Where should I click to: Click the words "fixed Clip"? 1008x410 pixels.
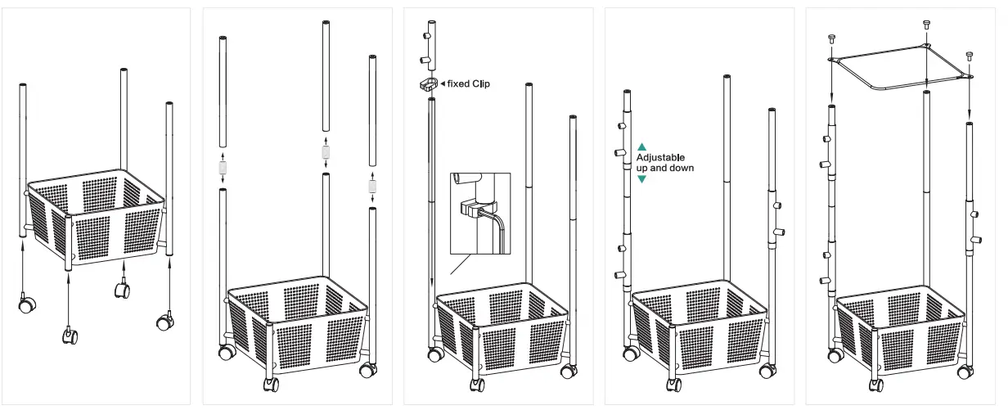tap(469, 83)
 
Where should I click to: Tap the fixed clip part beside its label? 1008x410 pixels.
tap(428, 84)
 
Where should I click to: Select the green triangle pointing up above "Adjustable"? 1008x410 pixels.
tap(641, 147)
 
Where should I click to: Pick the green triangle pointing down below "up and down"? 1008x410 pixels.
tap(641, 178)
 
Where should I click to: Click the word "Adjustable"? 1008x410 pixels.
tap(660, 157)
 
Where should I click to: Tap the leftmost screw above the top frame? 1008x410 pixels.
tap(832, 38)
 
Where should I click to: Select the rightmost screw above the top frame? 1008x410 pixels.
tap(970, 56)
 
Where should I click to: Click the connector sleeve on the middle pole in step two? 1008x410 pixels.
tap(326, 151)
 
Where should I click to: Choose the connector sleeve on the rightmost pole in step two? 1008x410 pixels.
tap(373, 186)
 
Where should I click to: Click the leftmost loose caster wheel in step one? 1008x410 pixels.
tap(27, 305)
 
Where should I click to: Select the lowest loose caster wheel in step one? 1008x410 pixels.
tap(70, 336)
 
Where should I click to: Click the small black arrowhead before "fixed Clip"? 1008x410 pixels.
tap(443, 83)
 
